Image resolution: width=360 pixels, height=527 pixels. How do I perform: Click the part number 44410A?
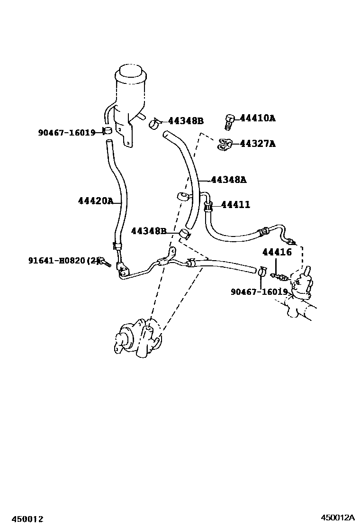point(257,118)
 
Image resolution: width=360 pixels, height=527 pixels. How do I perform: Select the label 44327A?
point(257,143)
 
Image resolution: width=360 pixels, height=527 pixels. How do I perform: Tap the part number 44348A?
point(228,180)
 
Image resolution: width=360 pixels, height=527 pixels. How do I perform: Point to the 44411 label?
point(235,205)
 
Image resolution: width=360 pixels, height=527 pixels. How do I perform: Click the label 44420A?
point(96,201)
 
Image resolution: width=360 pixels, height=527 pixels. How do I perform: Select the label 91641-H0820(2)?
point(64,260)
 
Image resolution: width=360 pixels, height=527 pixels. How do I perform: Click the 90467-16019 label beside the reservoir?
point(67,133)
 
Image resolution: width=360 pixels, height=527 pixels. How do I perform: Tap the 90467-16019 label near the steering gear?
point(259,292)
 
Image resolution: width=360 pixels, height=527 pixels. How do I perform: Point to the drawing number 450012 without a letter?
point(25,519)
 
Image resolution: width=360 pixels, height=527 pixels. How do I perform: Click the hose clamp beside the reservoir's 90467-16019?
point(107,131)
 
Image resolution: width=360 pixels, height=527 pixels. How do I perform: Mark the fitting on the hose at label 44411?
point(207,206)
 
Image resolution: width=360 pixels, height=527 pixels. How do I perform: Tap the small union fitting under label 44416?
point(280,275)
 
